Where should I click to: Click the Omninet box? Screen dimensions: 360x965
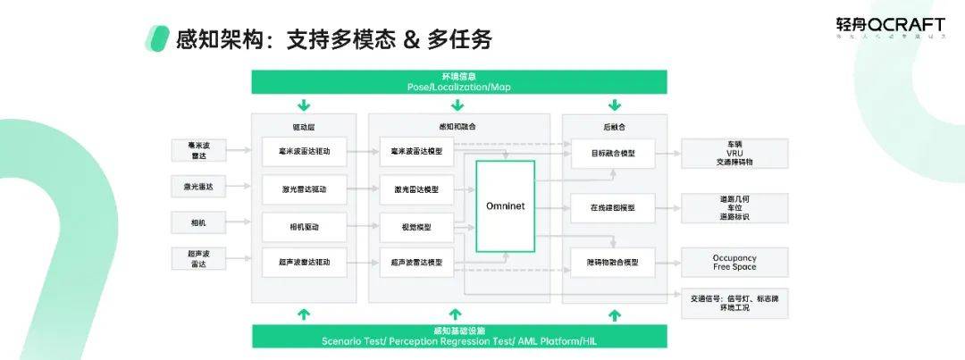(506, 205)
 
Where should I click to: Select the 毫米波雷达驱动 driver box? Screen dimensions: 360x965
(304, 152)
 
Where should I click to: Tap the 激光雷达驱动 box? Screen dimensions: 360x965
(304, 189)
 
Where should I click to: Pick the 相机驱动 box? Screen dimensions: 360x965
(304, 227)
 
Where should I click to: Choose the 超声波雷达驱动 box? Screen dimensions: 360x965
(304, 262)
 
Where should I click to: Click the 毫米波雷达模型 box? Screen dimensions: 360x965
(416, 152)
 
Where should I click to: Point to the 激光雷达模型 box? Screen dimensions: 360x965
(416, 189)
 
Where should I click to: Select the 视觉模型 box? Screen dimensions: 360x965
(416, 227)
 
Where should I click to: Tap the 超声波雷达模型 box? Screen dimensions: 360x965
(416, 262)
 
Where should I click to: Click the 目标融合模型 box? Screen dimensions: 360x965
(614, 153)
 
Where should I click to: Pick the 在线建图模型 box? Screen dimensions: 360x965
(614, 208)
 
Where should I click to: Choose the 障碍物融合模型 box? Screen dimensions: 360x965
(614, 262)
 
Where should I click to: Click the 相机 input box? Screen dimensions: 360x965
(197, 220)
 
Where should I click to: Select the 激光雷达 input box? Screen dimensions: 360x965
(197, 187)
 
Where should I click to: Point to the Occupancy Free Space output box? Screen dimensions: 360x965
(734, 262)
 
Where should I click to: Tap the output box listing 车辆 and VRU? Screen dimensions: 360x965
(734, 153)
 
